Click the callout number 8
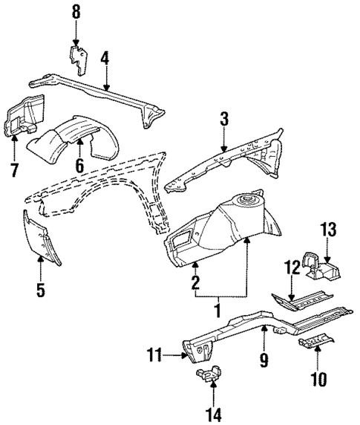pos(75,12)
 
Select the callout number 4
pos(105,57)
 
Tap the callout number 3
pos(223,118)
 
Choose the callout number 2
pos(195,282)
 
